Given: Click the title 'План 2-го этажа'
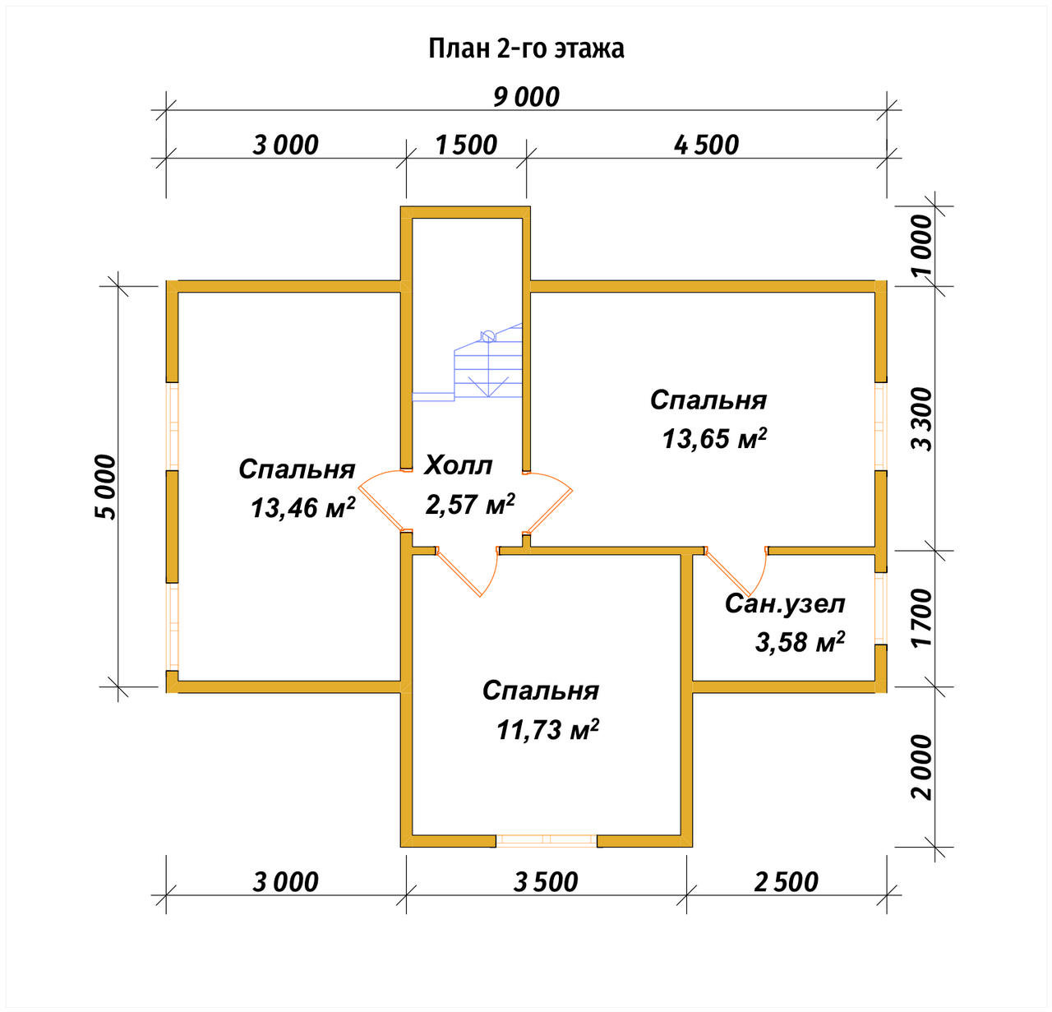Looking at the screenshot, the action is click(x=526, y=49).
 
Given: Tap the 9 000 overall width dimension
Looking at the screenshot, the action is click(x=526, y=97).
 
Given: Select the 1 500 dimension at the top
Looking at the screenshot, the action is click(x=465, y=145).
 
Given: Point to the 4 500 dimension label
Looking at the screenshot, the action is click(x=706, y=145).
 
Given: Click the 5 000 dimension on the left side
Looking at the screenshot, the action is click(x=105, y=487).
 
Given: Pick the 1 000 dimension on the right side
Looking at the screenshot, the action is click(x=922, y=246).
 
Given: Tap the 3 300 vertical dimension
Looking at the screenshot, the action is click(x=922, y=418).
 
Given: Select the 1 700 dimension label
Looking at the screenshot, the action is click(x=922, y=617).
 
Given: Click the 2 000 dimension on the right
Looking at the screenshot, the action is click(x=922, y=767).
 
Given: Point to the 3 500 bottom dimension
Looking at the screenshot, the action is click(x=546, y=882).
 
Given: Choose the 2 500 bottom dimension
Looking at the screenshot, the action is click(x=786, y=882).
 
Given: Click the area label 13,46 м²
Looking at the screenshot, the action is click(x=302, y=507).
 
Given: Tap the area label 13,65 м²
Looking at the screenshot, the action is click(x=715, y=438).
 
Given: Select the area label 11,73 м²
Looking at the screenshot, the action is click(x=547, y=730).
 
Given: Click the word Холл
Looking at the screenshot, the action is click(x=458, y=465).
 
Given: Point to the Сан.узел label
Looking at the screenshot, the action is click(x=785, y=603).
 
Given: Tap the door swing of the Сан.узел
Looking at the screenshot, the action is click(x=737, y=572).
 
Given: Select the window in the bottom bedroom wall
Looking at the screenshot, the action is click(x=547, y=840).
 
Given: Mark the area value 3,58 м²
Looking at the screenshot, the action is click(x=800, y=642).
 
